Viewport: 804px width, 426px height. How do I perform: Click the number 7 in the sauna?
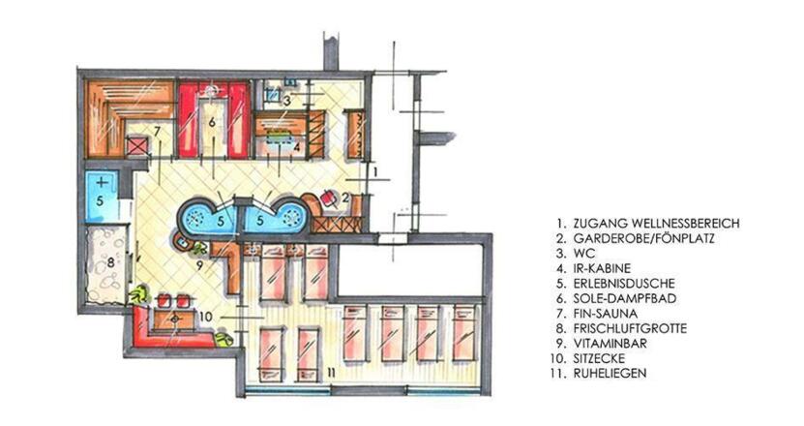tap(157, 132)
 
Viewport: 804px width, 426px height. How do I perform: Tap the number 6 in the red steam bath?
tap(212, 122)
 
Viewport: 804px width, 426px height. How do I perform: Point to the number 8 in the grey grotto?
tap(110, 262)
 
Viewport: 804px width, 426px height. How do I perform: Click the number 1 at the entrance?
tap(375, 172)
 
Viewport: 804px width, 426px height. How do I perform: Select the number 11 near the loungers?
tap(331, 373)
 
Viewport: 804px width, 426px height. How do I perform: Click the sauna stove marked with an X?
tap(137, 146)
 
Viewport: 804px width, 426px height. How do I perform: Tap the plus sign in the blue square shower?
tap(102, 182)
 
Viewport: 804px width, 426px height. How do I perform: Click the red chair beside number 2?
tap(328, 198)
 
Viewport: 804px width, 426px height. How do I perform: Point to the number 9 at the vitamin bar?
tap(199, 266)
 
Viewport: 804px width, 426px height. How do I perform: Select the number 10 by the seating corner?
tap(206, 317)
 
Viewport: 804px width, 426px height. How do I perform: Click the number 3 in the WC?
tap(287, 100)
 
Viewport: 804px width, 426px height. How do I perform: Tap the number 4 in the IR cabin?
tap(296, 146)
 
